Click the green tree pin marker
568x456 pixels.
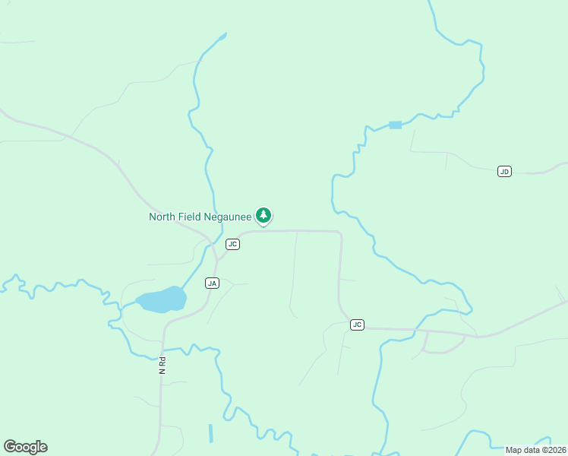tap(263, 216)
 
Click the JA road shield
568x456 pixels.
tap(212, 283)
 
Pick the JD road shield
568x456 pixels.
tap(504, 171)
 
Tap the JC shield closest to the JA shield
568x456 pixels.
tap(233, 244)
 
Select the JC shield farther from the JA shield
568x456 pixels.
tap(357, 325)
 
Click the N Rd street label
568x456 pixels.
tap(162, 365)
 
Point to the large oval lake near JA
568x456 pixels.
tap(161, 299)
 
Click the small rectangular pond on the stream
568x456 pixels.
tap(395, 125)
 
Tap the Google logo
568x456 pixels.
tap(25, 447)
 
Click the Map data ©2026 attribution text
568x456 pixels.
tap(535, 450)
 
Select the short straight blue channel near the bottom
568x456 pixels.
tap(210, 433)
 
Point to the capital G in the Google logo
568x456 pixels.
tap(9, 447)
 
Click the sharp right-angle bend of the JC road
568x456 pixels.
tap(339, 233)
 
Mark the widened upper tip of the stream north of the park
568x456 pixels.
tap(222, 35)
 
